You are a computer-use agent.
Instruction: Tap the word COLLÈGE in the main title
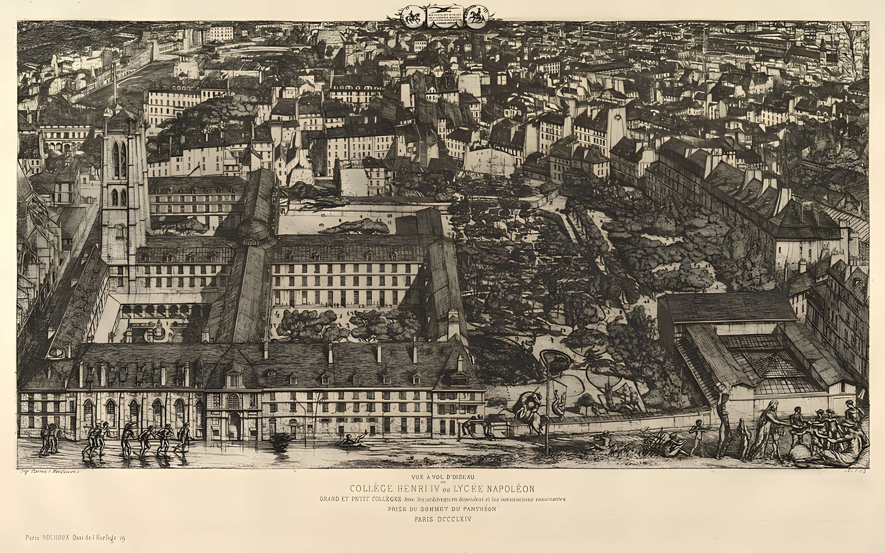coord(372,489)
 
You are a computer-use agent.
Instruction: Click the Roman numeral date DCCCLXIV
coord(454,519)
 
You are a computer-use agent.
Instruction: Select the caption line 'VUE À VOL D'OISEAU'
coord(442,477)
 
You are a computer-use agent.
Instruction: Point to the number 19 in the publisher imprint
coord(121,538)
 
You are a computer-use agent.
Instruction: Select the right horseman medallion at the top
coord(476,16)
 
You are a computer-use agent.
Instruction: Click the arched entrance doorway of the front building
coord(235,424)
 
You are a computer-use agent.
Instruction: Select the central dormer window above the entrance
coord(233,379)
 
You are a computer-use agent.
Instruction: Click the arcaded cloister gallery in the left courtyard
coord(157,311)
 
